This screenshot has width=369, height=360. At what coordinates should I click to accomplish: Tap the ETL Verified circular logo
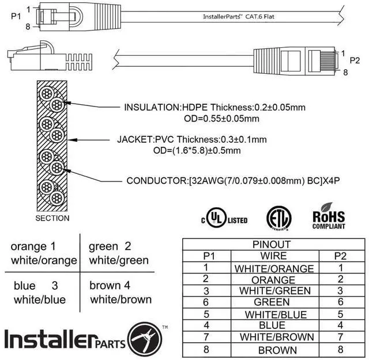coord(278,218)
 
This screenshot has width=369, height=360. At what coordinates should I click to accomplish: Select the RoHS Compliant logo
coord(328,217)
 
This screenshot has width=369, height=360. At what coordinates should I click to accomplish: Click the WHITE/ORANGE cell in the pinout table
coord(274,268)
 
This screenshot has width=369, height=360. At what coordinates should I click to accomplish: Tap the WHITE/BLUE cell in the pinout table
coord(274,314)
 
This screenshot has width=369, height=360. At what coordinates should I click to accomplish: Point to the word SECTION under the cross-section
coord(52,218)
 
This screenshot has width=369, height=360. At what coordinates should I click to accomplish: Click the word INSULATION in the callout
coord(152,107)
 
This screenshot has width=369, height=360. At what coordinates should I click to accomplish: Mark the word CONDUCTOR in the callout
coord(156,181)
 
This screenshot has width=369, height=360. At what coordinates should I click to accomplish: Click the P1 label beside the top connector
coord(16,16)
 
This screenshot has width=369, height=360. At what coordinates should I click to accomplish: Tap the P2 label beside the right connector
coord(355,60)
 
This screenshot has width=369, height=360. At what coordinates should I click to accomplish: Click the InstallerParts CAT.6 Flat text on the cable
coord(238,17)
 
